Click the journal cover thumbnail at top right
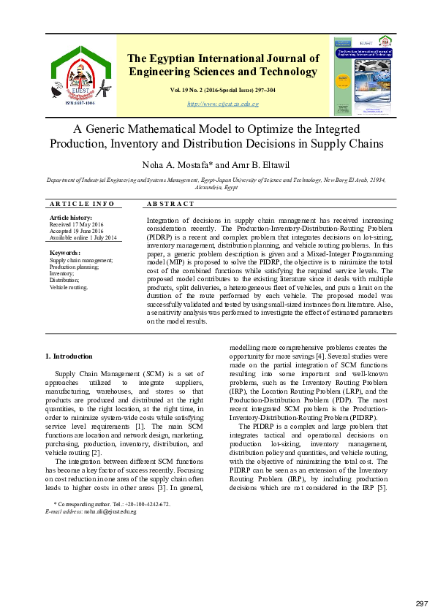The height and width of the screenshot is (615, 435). pyautogui.click(x=363, y=75)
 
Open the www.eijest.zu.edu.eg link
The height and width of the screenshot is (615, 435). pyautogui.click(x=223, y=104)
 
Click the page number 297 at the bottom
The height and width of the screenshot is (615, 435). pyautogui.click(x=421, y=603)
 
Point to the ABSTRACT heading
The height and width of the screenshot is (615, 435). pyautogui.click(x=170, y=204)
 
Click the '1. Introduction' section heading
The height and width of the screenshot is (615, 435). pyautogui.click(x=69, y=356)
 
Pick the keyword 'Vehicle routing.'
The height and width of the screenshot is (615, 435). pyautogui.click(x=68, y=287)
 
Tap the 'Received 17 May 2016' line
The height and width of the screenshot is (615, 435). pyautogui.click(x=76, y=225)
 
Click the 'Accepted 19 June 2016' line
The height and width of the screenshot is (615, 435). pyautogui.click(x=77, y=232)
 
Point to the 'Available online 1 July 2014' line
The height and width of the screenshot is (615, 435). pyautogui.click(x=83, y=238)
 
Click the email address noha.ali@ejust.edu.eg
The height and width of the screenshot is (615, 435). pyautogui.click(x=110, y=512)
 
